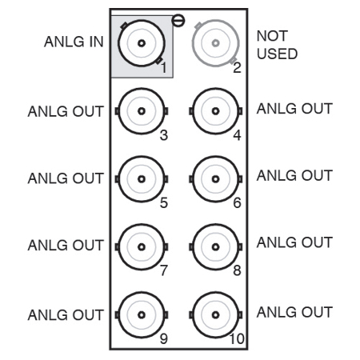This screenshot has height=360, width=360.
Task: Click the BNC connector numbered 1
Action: click(x=142, y=43)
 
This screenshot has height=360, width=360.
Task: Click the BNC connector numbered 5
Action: click(x=142, y=178)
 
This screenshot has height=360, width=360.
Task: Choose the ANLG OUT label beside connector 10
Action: click(x=294, y=311)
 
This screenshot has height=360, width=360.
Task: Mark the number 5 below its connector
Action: click(x=163, y=203)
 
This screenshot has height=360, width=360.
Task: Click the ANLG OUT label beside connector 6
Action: click(x=294, y=176)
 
